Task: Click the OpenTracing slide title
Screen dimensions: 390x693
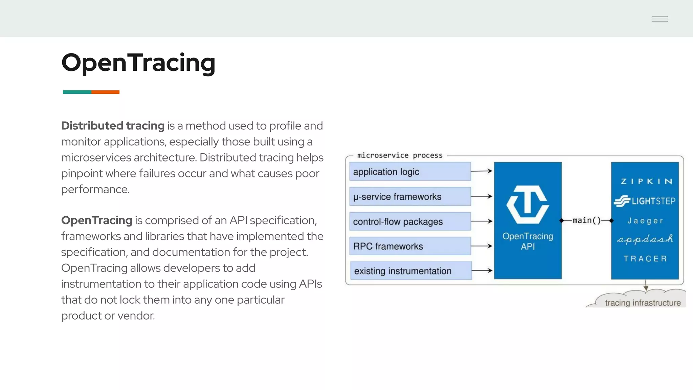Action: (138, 63)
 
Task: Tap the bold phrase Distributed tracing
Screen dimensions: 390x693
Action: (113, 126)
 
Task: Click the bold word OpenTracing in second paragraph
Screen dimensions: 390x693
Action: (96, 220)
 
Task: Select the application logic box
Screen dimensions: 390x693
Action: (410, 172)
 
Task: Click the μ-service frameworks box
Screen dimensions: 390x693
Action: (410, 197)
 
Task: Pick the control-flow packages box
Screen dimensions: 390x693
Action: (410, 221)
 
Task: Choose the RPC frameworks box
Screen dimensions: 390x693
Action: (410, 246)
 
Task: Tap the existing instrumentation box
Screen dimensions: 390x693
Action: (410, 271)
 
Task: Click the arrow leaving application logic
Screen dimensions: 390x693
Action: (482, 171)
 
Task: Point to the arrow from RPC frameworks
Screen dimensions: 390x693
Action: (482, 246)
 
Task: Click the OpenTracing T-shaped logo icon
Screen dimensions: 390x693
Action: (528, 204)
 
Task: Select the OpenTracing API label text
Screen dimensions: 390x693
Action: (528, 241)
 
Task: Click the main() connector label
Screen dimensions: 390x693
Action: (586, 220)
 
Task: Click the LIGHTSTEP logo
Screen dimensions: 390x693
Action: (645, 201)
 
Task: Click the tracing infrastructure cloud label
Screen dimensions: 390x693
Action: (642, 303)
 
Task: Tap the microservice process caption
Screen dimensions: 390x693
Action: (400, 155)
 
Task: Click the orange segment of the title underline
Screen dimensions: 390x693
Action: (105, 92)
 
